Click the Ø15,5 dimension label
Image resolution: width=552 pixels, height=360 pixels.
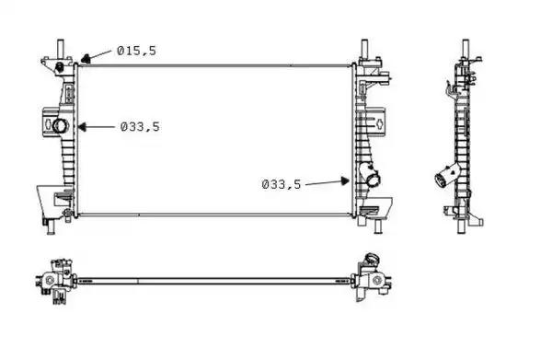pos(136,51)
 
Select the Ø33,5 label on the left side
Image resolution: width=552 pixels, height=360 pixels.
pos(140,126)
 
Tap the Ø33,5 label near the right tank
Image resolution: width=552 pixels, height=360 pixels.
pos(282,184)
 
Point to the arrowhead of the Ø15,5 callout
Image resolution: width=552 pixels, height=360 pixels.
pos(86,59)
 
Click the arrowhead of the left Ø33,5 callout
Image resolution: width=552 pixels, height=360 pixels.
pos(81,127)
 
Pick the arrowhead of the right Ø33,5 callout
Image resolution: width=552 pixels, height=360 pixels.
pos(345,181)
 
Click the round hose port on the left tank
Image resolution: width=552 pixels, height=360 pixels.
pos(60,125)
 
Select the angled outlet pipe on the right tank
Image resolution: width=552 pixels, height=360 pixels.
pos(369,175)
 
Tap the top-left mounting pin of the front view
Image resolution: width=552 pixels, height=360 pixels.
pos(61,49)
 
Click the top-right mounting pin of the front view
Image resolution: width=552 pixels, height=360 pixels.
pos(364,49)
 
